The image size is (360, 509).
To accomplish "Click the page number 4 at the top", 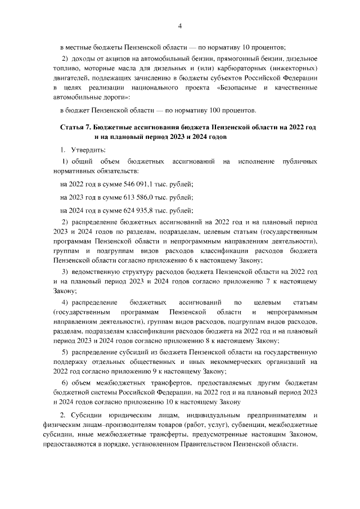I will [x=180, y=25].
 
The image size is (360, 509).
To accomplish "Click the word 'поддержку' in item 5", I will [x=69, y=361].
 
